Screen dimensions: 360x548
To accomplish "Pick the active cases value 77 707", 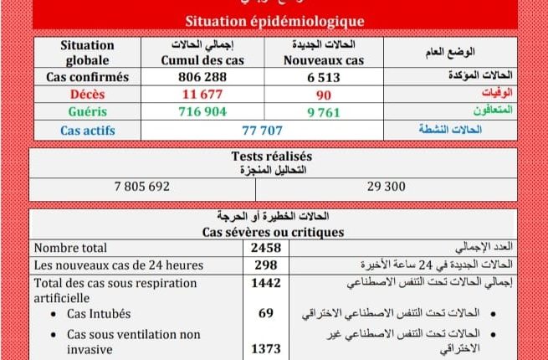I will (x=258, y=130).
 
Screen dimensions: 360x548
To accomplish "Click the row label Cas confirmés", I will (x=87, y=77).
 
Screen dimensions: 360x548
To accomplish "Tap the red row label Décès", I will (x=87, y=94).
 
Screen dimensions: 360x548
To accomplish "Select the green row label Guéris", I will (x=87, y=111).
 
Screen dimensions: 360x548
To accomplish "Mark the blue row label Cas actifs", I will (x=87, y=130).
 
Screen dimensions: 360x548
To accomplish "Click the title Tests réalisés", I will (x=271, y=156).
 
